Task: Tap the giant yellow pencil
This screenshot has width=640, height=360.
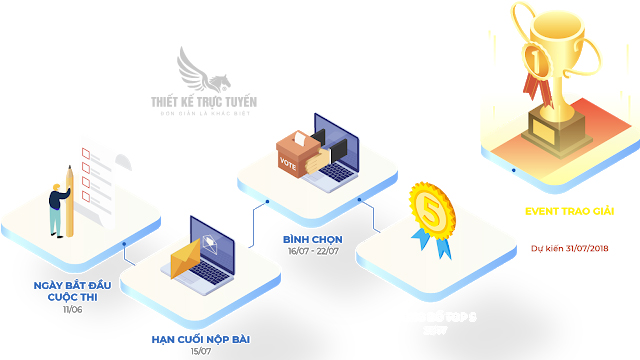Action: click(x=69, y=200)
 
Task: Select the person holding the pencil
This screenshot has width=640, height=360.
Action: click(x=56, y=210)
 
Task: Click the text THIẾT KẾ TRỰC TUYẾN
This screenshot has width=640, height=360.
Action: click(x=204, y=100)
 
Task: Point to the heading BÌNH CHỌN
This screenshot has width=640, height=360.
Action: click(x=313, y=239)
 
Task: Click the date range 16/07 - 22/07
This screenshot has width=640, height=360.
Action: click(x=312, y=252)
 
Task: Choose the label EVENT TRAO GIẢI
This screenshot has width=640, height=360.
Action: click(x=570, y=212)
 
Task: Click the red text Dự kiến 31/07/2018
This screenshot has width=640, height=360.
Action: click(x=570, y=248)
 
